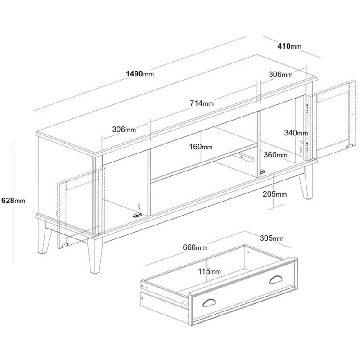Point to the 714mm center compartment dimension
pos(201,103)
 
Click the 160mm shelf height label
pos(200,147)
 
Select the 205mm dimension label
pos(274,194)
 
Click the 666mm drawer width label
pos(194,247)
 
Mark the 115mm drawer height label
pos(209,271)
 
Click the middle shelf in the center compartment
pos(202,162)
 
